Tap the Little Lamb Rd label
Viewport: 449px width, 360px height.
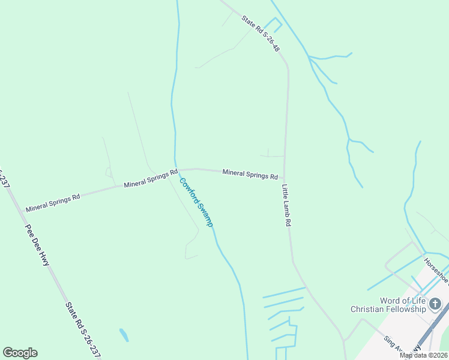pos(286,205)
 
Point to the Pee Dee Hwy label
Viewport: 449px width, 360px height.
pos(37,244)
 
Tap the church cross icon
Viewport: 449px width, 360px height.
pos(436,305)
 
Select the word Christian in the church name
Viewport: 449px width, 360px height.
pos(369,309)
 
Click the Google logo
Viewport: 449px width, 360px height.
pos(20,353)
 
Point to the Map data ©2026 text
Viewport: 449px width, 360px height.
pos(424,355)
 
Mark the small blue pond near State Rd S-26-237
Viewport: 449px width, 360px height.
pos(124,335)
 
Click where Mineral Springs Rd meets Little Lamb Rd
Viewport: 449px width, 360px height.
pos(284,178)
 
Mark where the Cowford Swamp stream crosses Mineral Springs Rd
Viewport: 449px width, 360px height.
pos(176,170)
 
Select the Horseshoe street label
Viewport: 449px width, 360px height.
pos(436,270)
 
